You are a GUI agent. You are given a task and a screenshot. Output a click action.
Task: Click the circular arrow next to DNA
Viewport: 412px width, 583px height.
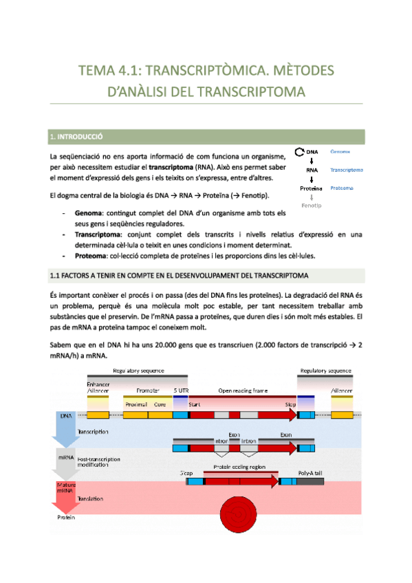(299, 152)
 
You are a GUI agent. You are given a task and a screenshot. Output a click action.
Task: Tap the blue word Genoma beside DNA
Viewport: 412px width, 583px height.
(340, 151)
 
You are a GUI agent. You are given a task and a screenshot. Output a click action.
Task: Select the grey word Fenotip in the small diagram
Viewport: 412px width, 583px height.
(312, 206)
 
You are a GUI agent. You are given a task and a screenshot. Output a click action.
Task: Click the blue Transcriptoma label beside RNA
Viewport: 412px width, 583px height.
(347, 169)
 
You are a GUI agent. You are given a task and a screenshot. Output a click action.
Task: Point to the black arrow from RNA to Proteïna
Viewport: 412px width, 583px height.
(312, 179)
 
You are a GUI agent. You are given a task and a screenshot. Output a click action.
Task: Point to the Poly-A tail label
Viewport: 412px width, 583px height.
(310, 474)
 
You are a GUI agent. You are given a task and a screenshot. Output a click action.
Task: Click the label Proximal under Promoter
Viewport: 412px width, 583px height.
(135, 405)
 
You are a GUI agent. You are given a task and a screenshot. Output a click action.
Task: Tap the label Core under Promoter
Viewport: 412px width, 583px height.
(160, 405)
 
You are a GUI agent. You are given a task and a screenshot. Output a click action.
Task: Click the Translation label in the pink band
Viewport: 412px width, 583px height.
(91, 498)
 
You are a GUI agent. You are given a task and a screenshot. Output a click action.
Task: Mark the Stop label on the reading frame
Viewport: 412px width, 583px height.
(290, 405)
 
